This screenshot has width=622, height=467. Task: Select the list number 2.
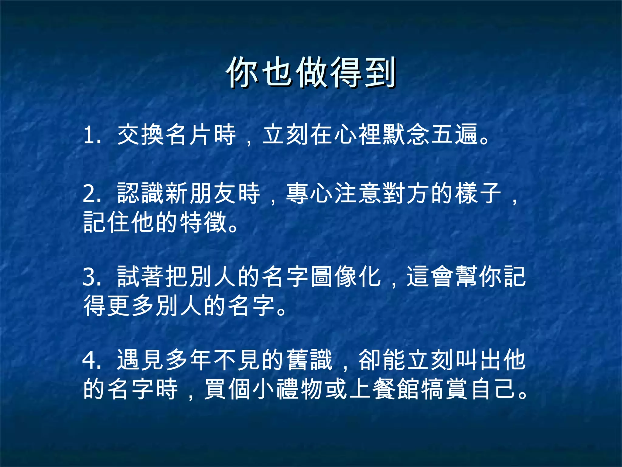(91, 194)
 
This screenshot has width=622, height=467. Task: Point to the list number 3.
(91, 277)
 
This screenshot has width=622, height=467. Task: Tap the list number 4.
(91, 360)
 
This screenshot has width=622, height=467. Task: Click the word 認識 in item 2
(141, 193)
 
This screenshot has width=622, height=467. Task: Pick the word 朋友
(213, 193)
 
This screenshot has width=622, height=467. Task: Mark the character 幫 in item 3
(466, 277)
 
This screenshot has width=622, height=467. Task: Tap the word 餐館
(396, 389)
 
